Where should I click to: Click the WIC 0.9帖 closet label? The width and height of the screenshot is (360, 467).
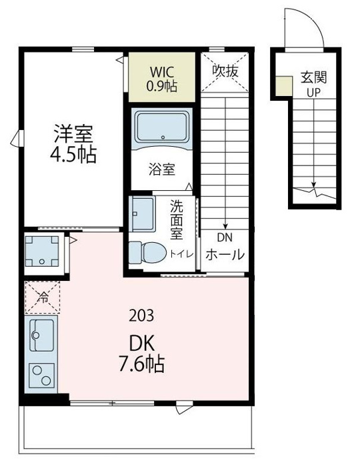pos(162,79)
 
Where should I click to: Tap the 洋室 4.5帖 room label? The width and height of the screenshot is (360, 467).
pos(73,144)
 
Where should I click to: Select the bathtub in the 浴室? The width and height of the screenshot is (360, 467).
pos(162,126)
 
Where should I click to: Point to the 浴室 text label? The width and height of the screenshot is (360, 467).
pos(162,169)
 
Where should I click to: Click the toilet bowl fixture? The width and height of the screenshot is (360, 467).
pos(148,253)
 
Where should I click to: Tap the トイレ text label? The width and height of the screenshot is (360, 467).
pos(182,254)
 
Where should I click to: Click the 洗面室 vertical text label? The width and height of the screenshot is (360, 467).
pos(177,219)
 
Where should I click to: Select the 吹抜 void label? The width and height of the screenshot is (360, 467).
pos(225,71)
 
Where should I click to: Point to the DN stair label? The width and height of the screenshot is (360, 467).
pos(225,238)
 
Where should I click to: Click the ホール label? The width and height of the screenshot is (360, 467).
pos(225,255)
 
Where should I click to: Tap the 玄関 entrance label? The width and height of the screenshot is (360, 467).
pos(313,77)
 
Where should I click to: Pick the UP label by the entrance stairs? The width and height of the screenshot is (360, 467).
pos(313,93)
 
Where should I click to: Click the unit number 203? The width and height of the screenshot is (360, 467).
pos(141,316)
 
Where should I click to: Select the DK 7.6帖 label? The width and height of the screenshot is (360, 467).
pos(142,354)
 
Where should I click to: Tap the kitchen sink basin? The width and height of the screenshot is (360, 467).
pos(41,335)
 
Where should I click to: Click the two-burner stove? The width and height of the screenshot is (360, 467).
pos(41,375)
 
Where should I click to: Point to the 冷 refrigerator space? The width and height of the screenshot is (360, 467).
pos(42,297)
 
